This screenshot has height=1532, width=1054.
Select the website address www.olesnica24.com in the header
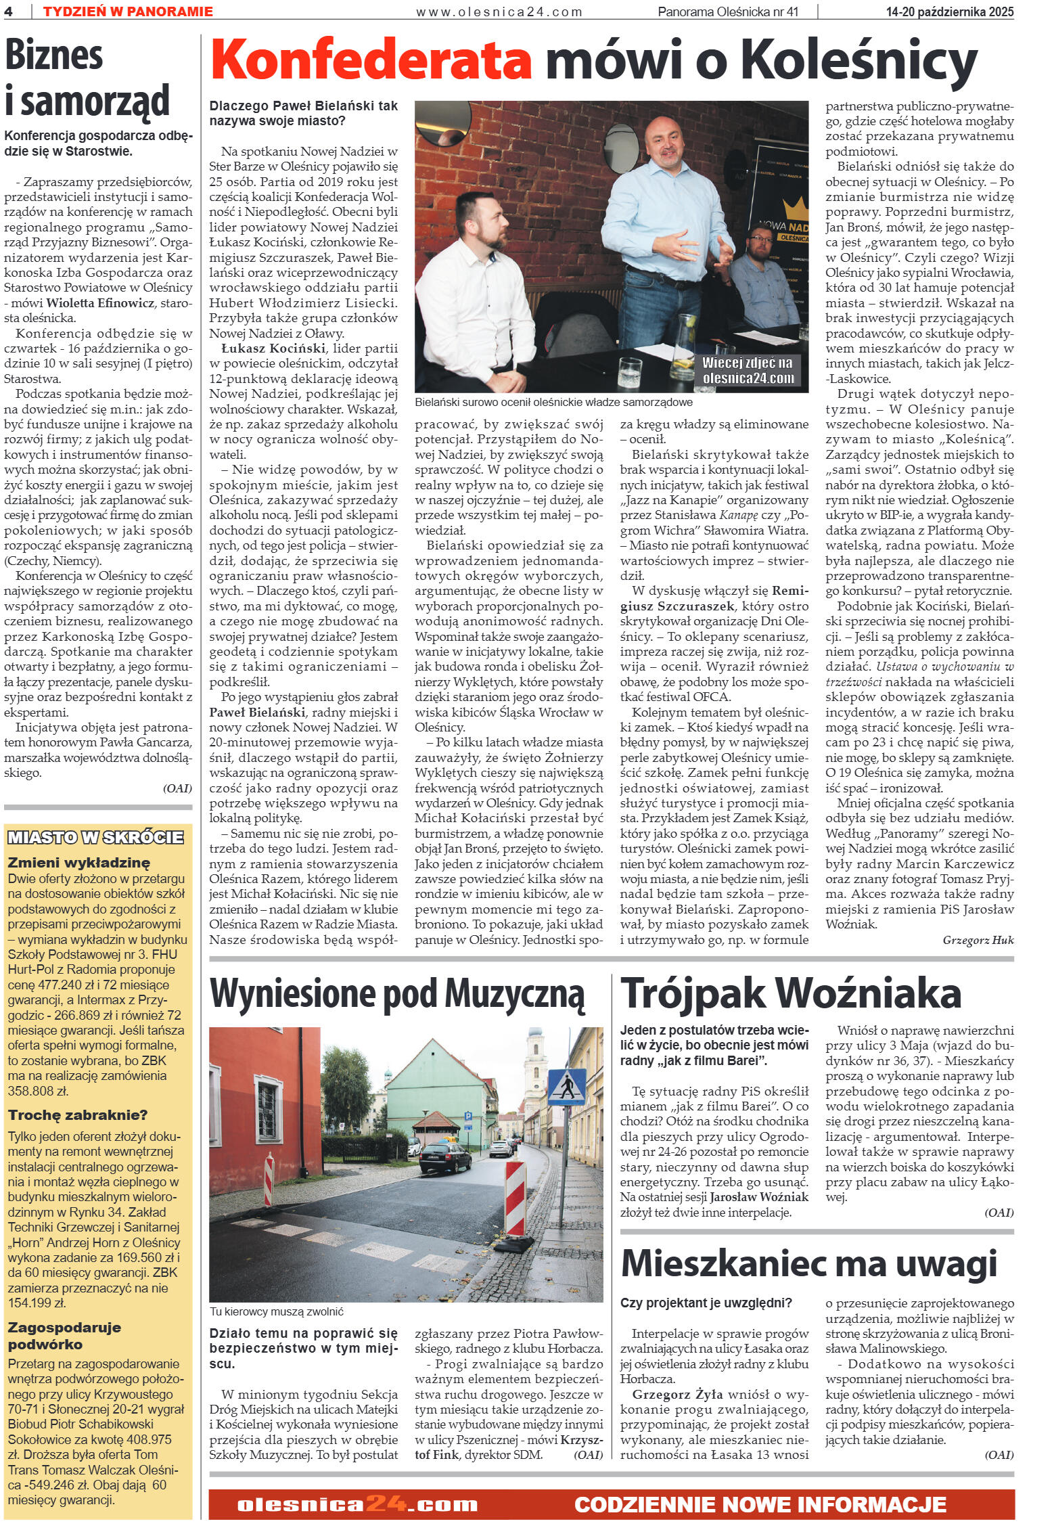click(x=499, y=12)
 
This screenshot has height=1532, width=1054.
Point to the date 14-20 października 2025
click(x=950, y=12)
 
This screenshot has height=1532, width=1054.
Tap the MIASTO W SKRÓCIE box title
click(x=95, y=838)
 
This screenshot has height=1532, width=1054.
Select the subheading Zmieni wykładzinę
click(x=78, y=863)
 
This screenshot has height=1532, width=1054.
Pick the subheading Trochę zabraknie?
click(x=77, y=1115)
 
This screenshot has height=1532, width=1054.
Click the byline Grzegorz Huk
click(x=978, y=940)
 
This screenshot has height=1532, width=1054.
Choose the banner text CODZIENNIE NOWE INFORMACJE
click(x=760, y=1504)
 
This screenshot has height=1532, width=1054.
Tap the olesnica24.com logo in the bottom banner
click(x=357, y=1504)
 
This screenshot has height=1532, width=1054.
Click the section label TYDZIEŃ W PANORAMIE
click(x=128, y=12)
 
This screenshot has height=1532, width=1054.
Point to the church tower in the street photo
click(x=534, y=1069)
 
